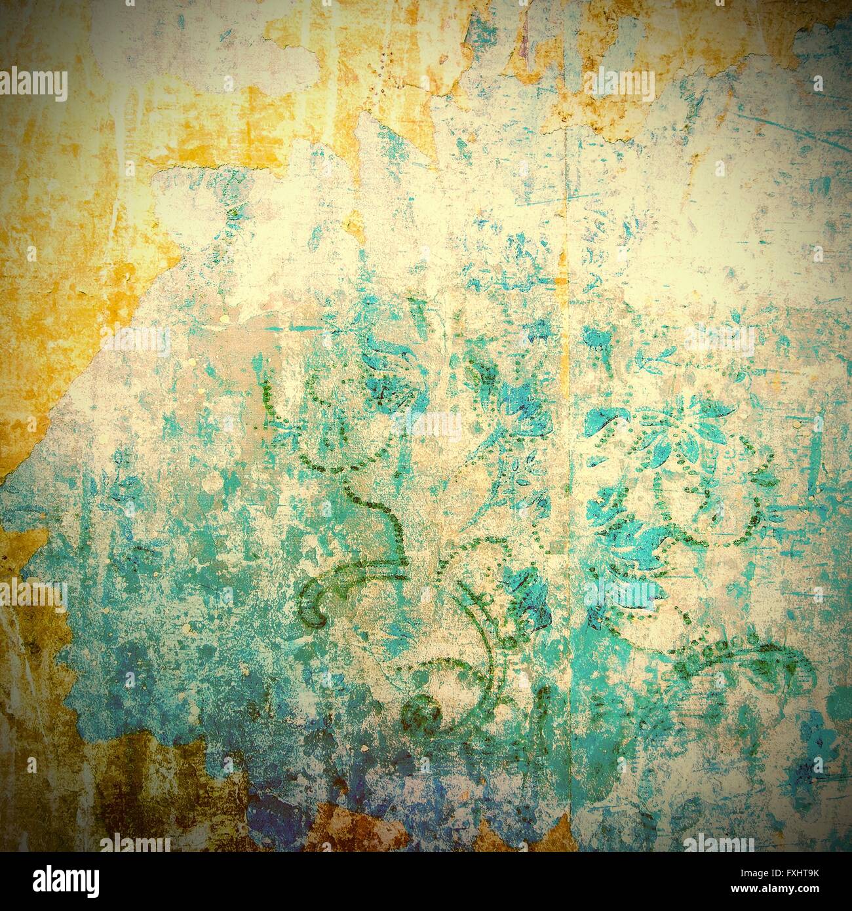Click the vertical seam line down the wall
point(565,459)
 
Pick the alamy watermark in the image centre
point(426,426)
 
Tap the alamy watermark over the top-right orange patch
point(619,84)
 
